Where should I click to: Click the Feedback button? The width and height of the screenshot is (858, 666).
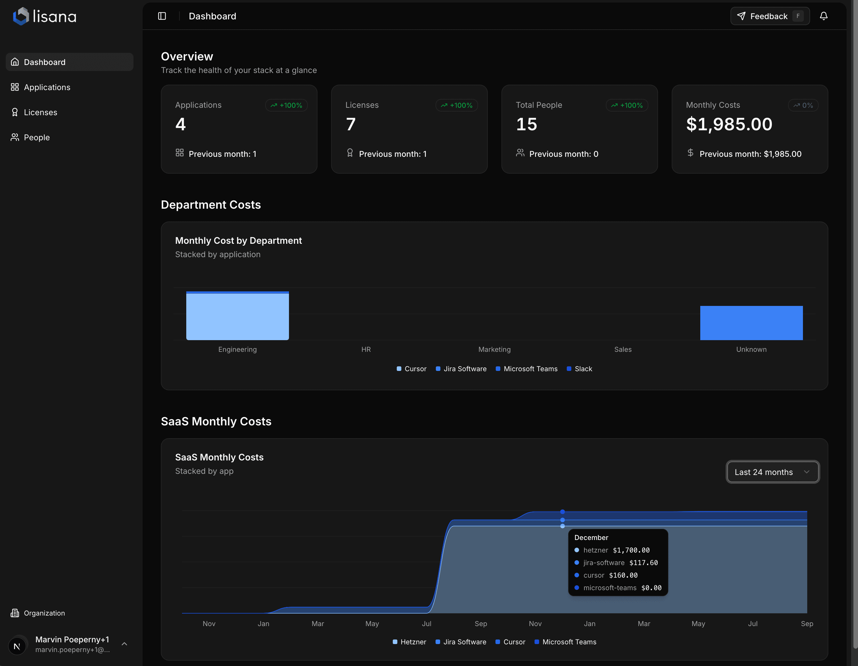tap(769, 16)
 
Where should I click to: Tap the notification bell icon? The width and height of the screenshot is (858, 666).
tap(823, 16)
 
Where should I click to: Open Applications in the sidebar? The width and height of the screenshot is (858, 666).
tap(47, 87)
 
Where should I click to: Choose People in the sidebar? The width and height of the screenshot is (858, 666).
tap(37, 137)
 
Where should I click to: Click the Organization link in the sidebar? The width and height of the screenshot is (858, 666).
tap(44, 613)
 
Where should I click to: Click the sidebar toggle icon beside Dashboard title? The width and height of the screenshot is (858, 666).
tap(162, 16)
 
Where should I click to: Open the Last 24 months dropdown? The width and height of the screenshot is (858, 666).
tap(772, 472)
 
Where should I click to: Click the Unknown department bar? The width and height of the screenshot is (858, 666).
tap(751, 323)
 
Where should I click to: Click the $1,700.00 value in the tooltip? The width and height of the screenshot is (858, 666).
tap(631, 550)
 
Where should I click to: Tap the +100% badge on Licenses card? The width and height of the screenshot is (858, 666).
tap(456, 105)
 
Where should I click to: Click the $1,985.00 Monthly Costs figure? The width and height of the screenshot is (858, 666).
tap(729, 125)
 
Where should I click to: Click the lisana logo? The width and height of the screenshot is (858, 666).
tap(44, 16)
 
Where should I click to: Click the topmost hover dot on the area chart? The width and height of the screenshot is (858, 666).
tap(562, 512)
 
